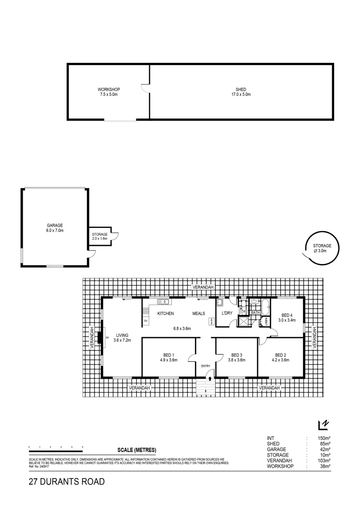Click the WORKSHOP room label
[x=109, y=89]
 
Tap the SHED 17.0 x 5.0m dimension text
[x=241, y=94]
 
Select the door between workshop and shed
[x=146, y=88]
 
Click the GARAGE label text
[x=55, y=225]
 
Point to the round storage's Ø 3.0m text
[x=322, y=252]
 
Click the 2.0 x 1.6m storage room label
[x=100, y=239]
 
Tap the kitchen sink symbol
[x=163, y=302]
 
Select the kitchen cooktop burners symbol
[x=146, y=311]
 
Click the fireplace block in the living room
[x=100, y=338]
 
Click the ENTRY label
[x=206, y=366]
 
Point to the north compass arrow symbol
[x=323, y=425]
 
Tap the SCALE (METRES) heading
[x=136, y=450]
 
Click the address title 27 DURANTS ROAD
[x=66, y=482]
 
